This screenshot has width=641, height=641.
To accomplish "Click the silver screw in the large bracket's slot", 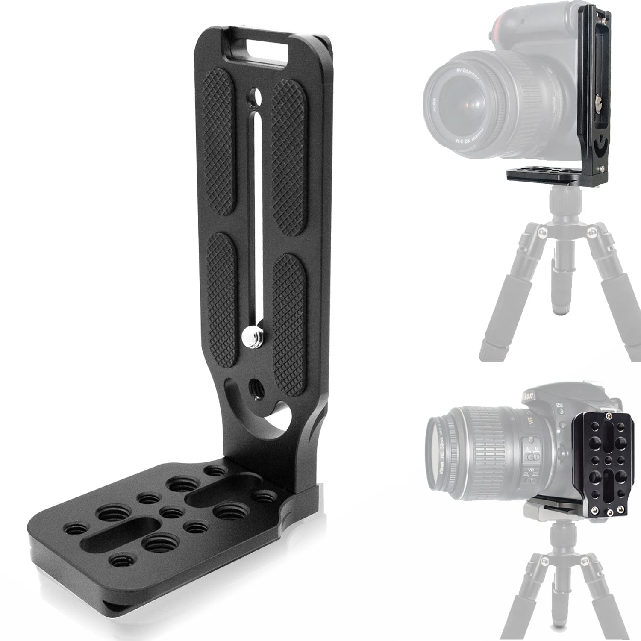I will (249, 337).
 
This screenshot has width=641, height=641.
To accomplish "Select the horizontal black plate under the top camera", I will (551, 175).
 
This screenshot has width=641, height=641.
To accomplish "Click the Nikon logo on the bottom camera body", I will (528, 397).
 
